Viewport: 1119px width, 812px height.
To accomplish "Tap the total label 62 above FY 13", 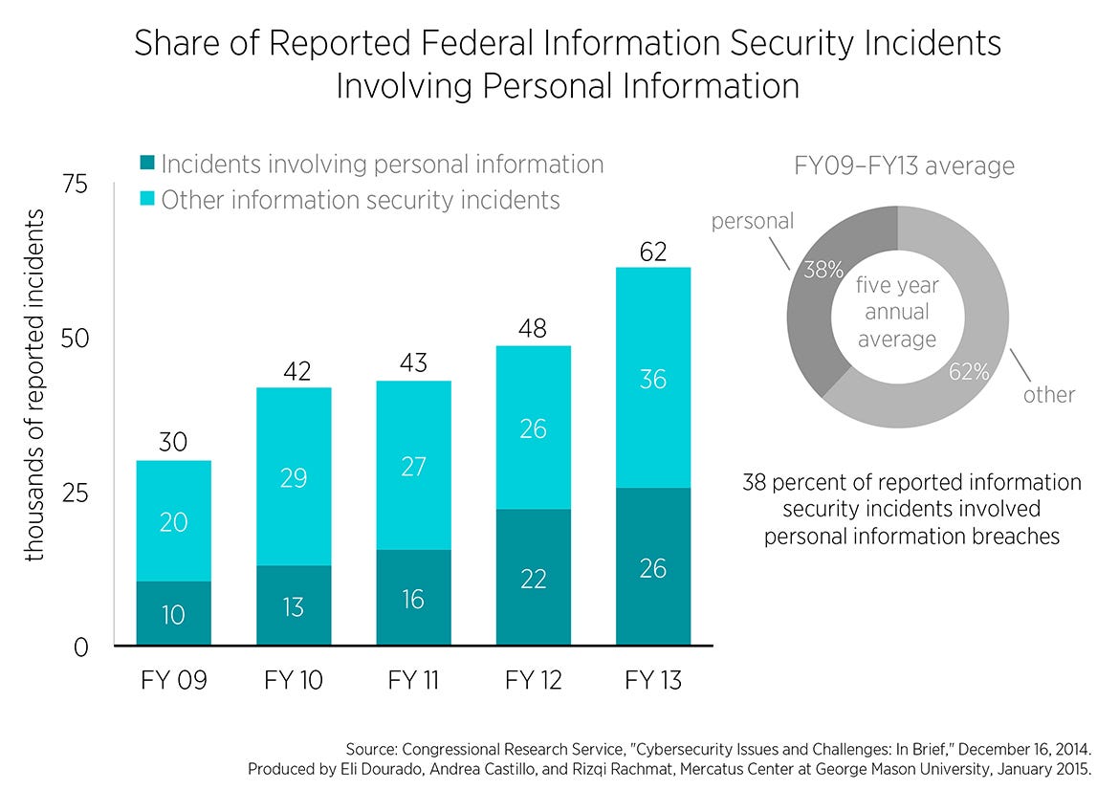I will (653, 252).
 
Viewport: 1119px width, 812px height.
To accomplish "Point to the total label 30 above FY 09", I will (173, 443).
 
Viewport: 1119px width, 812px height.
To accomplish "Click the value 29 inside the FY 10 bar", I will (294, 477).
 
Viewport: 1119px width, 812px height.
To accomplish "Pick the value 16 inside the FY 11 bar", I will (413, 600).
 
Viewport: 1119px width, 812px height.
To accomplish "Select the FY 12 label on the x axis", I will (533, 681).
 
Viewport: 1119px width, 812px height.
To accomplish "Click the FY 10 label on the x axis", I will (294, 681).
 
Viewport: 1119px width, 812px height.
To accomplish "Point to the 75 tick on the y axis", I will (75, 185).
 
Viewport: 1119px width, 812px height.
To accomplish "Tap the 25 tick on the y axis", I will (75, 494).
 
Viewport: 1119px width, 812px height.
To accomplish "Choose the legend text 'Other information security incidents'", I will (360, 200).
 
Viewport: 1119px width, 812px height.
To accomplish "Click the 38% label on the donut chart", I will (823, 271).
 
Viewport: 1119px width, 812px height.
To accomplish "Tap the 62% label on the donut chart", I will (969, 372).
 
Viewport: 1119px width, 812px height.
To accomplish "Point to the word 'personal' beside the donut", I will (752, 221).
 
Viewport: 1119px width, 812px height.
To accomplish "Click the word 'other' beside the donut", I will (1049, 394).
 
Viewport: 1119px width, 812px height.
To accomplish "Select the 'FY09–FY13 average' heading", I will (904, 166).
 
